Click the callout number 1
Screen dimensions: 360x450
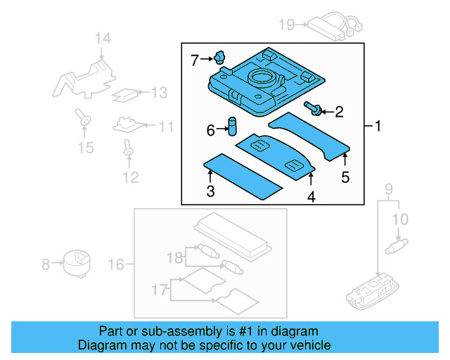[x=377, y=127]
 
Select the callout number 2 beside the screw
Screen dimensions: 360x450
[x=339, y=111]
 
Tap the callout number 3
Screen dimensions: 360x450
[x=210, y=191]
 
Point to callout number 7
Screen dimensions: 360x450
[x=195, y=60]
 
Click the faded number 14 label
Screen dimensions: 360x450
[x=103, y=38]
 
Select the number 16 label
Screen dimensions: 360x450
[x=116, y=264]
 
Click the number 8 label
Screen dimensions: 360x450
[x=46, y=264]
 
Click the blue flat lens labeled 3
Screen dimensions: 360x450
[x=243, y=175]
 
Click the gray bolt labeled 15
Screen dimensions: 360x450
[x=85, y=120]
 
